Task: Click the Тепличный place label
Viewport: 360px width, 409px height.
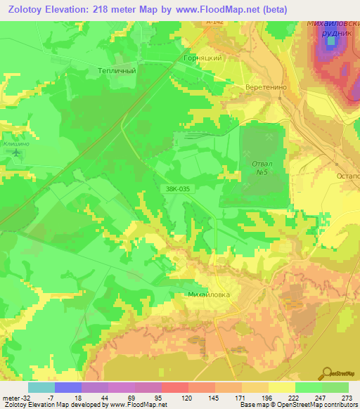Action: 116,70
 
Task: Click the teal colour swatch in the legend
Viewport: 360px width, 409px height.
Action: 41,387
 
